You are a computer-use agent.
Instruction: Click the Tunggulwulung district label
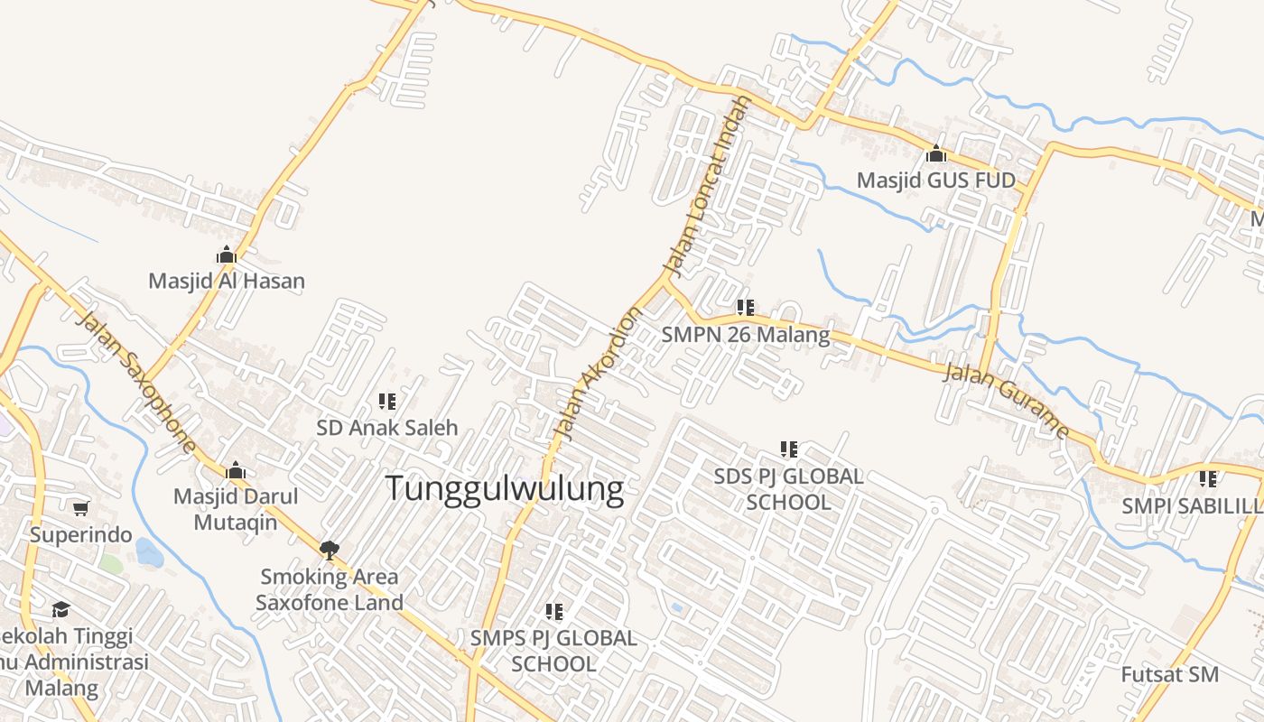505,489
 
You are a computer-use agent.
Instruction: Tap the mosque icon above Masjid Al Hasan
227,255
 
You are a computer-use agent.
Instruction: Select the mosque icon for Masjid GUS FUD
936,154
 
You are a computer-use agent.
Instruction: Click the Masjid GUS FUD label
936,180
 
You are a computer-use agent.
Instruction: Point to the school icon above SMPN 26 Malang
745,308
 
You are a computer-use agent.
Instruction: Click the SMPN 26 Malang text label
745,335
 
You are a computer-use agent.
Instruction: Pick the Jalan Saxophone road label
136,383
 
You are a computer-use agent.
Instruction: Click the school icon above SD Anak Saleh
387,401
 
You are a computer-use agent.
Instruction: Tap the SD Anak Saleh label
387,428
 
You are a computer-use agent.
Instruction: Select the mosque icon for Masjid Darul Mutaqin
236,470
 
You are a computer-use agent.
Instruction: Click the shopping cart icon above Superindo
81,508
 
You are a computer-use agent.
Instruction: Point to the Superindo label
80,534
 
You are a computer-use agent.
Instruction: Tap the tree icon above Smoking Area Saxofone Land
330,550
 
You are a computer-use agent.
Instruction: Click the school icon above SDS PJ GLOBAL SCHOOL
789,449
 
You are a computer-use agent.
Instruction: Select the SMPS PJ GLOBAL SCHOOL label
553,651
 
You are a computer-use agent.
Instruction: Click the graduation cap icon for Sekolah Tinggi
60,610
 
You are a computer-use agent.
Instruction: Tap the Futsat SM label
1169,674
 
